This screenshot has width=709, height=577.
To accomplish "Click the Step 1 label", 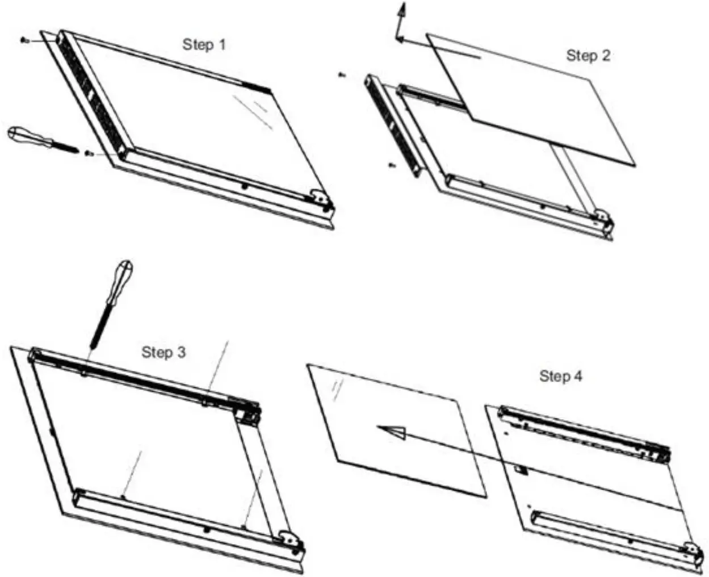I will pyautogui.click(x=204, y=44).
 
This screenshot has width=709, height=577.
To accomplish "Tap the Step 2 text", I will pyautogui.click(x=588, y=56).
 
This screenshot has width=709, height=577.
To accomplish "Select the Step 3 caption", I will pyautogui.click(x=163, y=352).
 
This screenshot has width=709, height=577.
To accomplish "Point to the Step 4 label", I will pyautogui.click(x=560, y=376).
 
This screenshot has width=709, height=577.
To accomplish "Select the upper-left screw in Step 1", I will pyautogui.click(x=24, y=40).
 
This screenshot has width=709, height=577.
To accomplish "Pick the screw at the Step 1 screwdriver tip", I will pyautogui.click(x=88, y=153).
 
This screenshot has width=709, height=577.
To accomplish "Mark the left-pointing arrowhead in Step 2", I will pyautogui.click(x=399, y=40).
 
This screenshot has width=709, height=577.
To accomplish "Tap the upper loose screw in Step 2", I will pyautogui.click(x=341, y=74).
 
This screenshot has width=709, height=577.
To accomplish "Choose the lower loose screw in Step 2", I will pyautogui.click(x=391, y=165).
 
